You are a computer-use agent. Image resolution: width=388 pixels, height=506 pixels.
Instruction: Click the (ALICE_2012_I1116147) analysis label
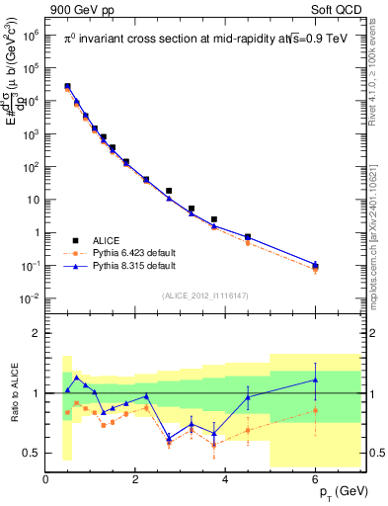tap(205, 295)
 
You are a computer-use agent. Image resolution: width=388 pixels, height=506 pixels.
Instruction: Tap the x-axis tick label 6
tap(316, 479)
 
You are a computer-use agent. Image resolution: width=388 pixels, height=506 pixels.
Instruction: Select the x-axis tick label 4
tap(226, 479)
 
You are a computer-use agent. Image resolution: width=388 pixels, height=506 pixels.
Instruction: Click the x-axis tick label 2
tap(136, 479)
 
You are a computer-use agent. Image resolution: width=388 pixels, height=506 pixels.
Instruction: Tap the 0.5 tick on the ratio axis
tap(32, 453)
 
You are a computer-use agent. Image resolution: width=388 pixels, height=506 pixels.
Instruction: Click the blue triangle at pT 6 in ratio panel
tap(316, 379)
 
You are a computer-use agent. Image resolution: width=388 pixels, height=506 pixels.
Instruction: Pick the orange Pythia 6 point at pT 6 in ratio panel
tap(316, 410)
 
